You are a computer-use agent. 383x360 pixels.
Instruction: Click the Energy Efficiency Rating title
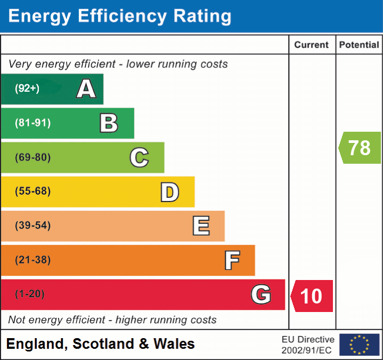click(x=120, y=17)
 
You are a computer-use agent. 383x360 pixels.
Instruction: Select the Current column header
click(x=312, y=45)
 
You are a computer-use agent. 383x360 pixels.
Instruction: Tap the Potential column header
click(x=359, y=45)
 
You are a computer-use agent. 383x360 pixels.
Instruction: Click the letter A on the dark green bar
click(x=86, y=89)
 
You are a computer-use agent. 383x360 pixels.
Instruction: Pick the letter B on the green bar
click(x=109, y=123)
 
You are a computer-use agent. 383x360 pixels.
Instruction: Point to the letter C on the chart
click(x=139, y=158)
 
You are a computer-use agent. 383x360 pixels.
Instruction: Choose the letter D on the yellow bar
click(x=169, y=192)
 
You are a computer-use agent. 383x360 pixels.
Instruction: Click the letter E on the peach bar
click(x=201, y=226)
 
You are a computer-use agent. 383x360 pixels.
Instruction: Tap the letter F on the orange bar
click(x=232, y=261)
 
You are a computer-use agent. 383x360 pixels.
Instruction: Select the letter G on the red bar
click(x=261, y=294)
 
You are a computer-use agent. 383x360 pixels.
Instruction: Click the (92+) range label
click(x=27, y=89)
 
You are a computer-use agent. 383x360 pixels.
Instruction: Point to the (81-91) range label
click(x=32, y=123)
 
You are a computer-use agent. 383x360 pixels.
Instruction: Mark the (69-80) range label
click(x=32, y=157)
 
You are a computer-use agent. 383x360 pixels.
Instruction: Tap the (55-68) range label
click(x=32, y=191)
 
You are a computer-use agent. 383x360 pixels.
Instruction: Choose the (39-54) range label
click(x=32, y=226)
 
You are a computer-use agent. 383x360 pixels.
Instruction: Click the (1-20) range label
click(x=30, y=294)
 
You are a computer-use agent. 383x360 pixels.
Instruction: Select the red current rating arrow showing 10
click(x=312, y=295)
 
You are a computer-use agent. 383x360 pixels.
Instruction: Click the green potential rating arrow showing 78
click(x=360, y=148)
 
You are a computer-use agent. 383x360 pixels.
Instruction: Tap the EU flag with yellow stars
click(x=359, y=345)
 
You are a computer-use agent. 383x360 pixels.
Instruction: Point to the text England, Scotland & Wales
click(x=100, y=344)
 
